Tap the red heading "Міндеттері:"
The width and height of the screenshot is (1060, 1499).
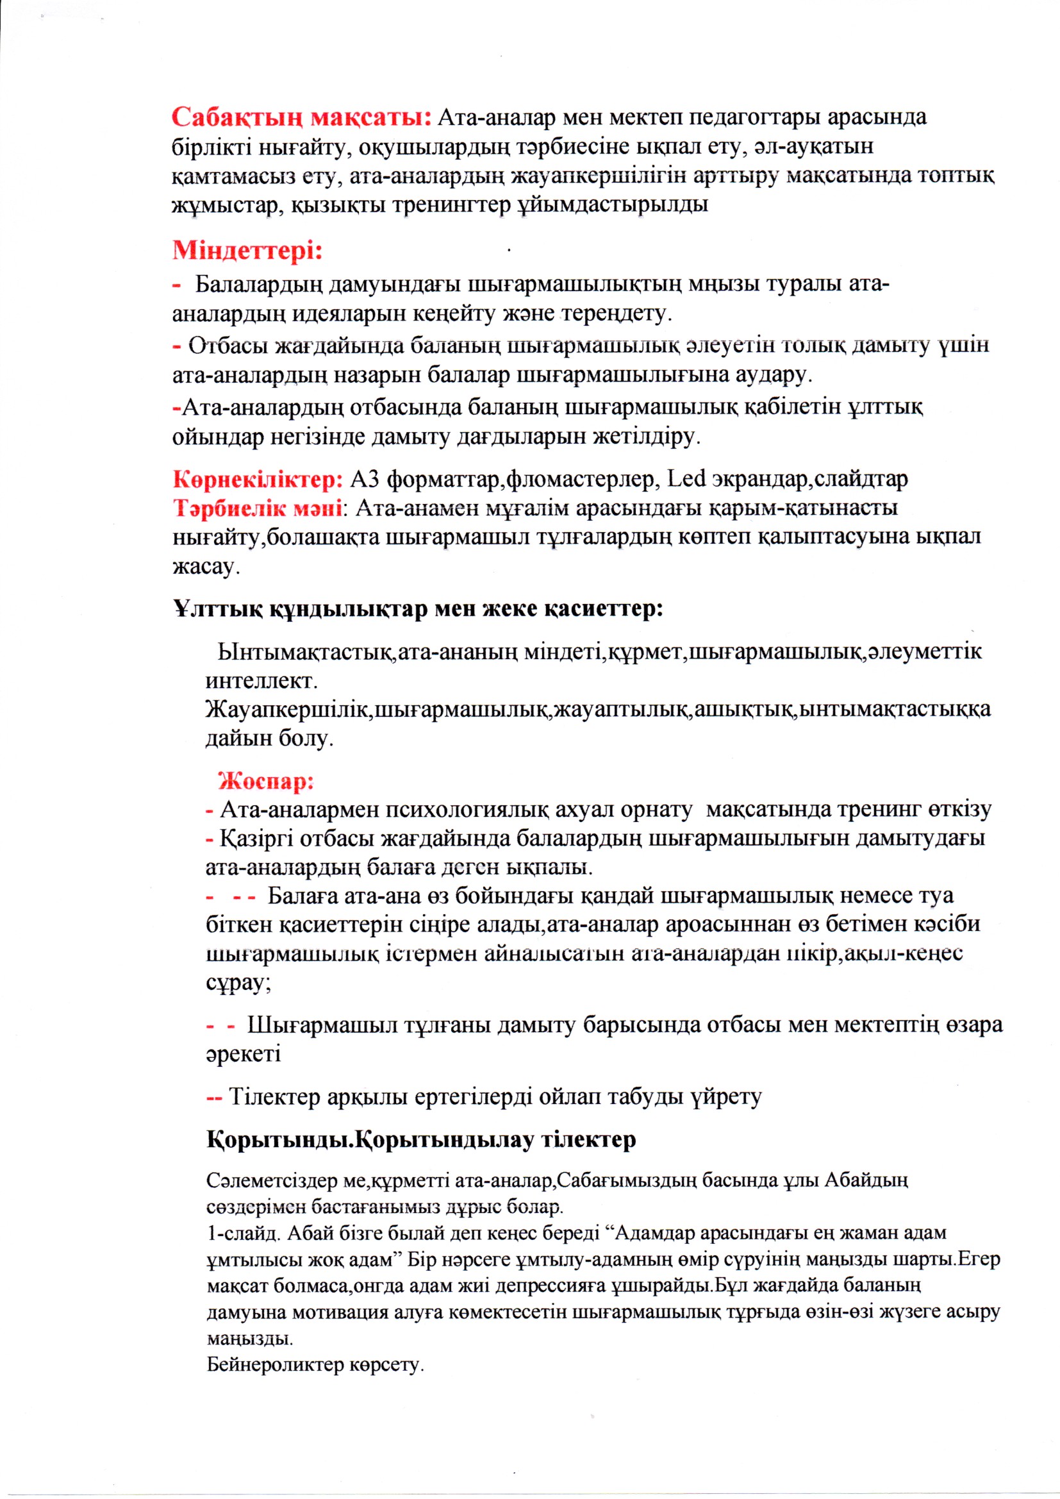point(247,251)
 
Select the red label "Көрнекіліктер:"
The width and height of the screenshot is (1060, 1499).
point(258,480)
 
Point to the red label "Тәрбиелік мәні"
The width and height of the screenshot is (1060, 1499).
point(257,508)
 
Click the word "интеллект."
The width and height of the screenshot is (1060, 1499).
point(261,682)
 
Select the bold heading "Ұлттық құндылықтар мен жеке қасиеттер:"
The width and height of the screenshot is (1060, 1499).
point(418,609)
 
